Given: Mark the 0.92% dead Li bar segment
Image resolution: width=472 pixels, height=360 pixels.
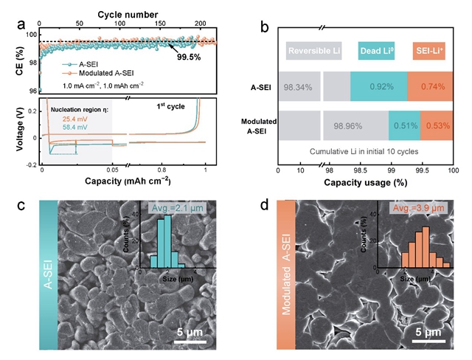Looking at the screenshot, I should (x=379, y=87).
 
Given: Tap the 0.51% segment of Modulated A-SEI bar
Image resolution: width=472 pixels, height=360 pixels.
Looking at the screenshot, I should (x=404, y=125).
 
